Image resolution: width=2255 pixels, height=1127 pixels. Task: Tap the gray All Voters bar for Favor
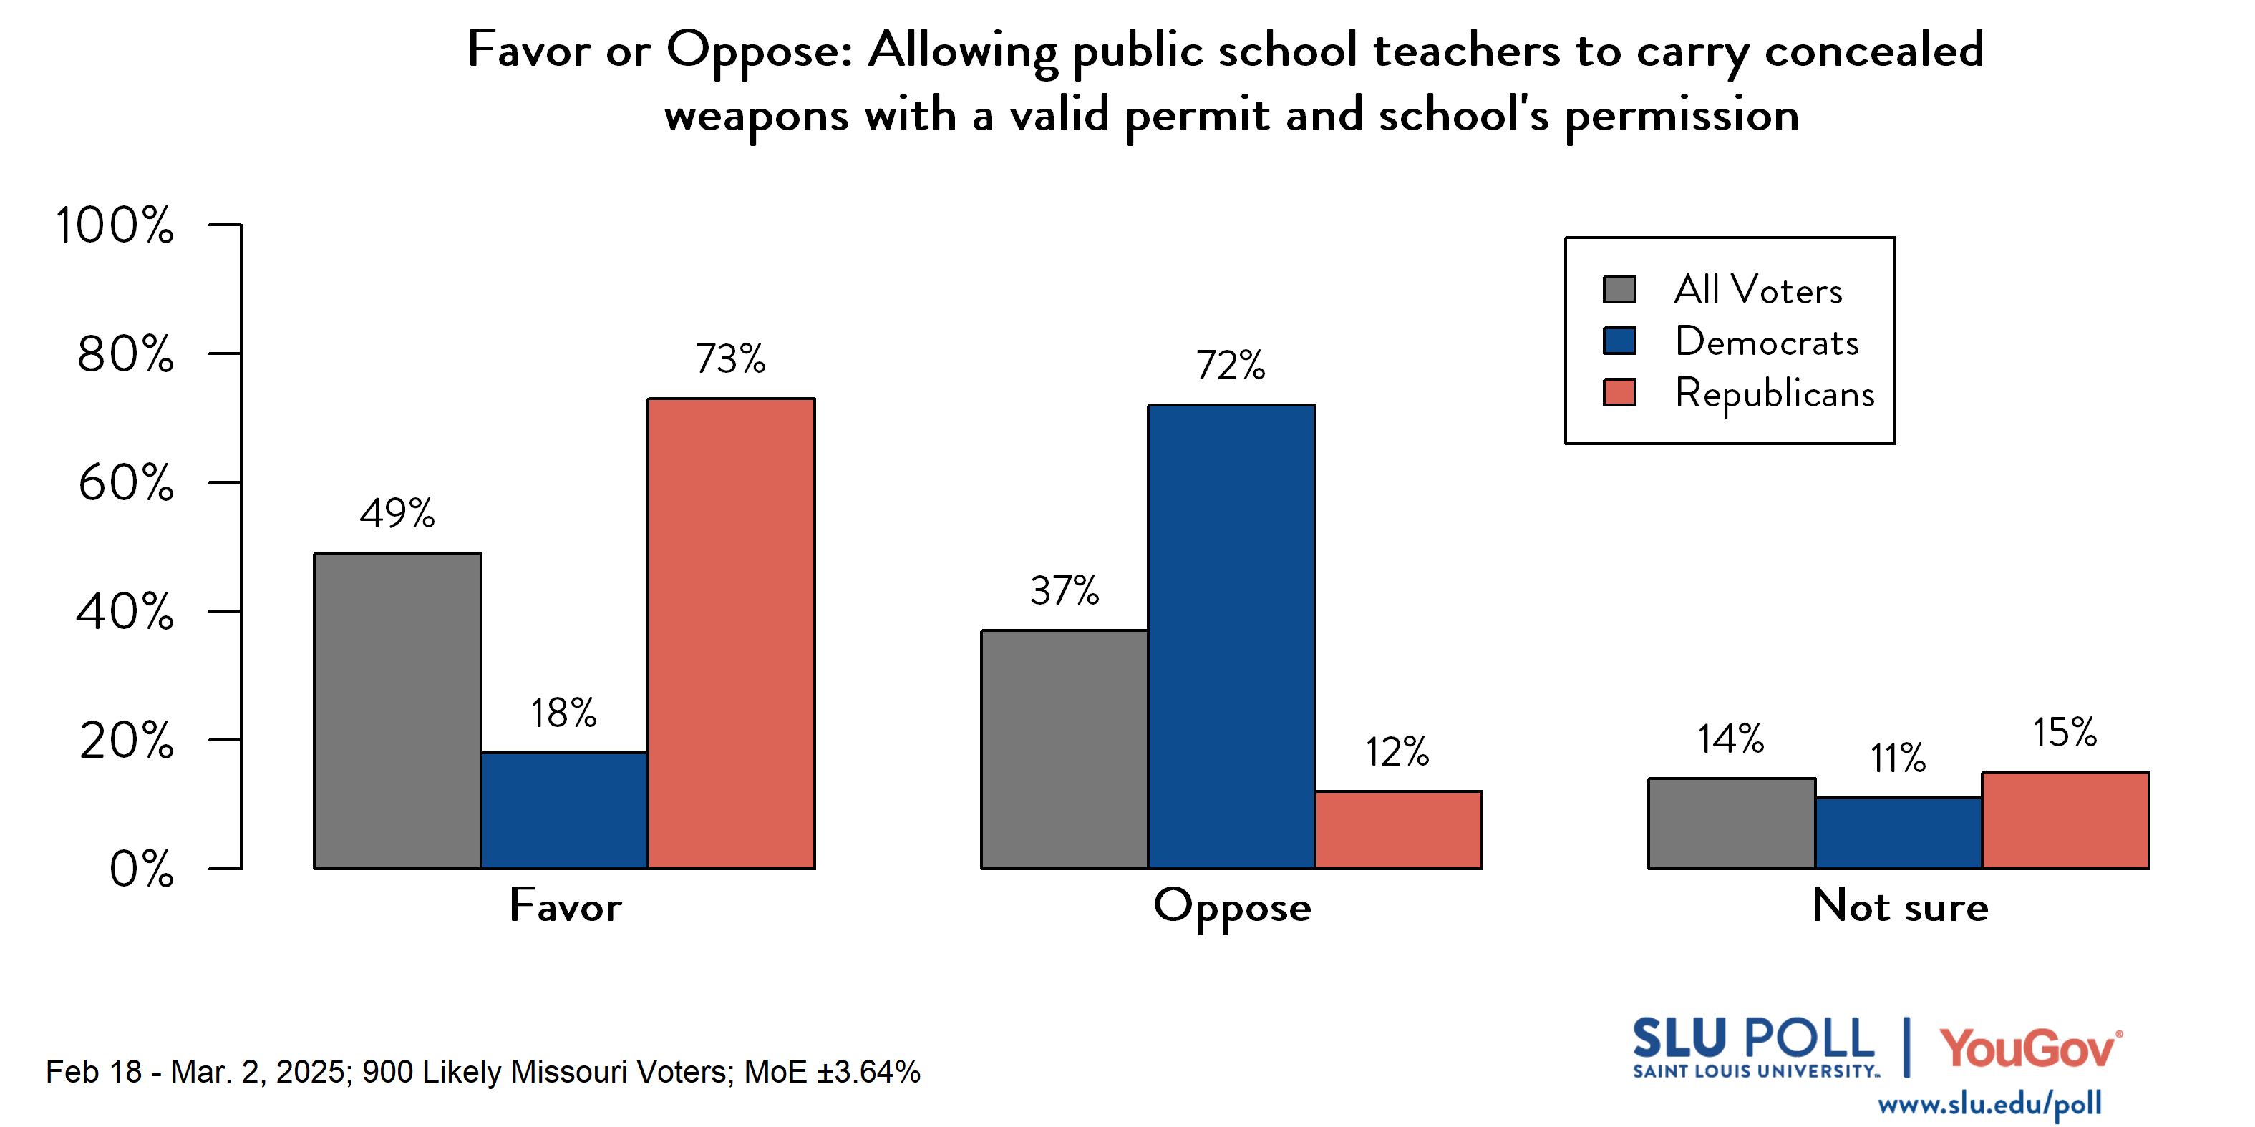click(x=397, y=711)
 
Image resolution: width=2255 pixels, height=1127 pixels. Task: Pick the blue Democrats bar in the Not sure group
click(x=1898, y=832)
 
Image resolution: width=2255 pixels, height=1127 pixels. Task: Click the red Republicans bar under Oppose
click(x=1398, y=829)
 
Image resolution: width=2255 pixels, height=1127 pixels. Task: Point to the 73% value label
click(x=730, y=358)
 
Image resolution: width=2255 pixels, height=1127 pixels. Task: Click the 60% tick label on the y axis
click(x=125, y=483)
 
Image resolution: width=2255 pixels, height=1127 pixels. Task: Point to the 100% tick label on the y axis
click(x=114, y=225)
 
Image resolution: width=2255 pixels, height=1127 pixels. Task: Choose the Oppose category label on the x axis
click(x=1232, y=907)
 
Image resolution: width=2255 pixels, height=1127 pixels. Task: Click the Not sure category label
click(x=1900, y=906)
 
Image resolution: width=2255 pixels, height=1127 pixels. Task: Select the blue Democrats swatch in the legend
click(x=1619, y=341)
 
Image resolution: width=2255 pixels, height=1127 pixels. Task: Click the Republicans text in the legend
click(x=1775, y=394)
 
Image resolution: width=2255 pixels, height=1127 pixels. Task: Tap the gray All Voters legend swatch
click(x=1619, y=290)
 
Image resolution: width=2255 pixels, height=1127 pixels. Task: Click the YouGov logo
click(x=2029, y=1048)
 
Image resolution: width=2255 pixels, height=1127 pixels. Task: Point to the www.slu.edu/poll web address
click(x=1989, y=1104)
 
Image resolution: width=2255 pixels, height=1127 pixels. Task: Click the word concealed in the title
click(x=1873, y=50)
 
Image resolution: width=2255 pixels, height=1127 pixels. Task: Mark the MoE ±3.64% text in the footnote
click(x=832, y=1072)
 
